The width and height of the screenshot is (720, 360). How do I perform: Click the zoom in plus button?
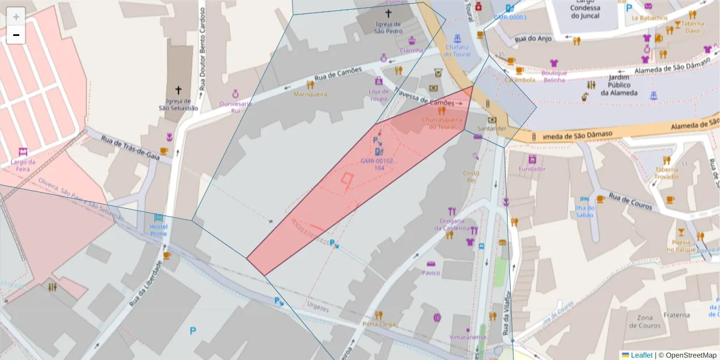tap(16, 16)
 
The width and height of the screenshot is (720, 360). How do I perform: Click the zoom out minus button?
tap(16, 35)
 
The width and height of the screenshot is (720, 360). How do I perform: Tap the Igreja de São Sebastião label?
tap(178, 104)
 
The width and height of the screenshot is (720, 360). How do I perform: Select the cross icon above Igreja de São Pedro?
tap(388, 13)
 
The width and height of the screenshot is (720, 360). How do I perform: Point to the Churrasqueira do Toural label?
tap(443, 123)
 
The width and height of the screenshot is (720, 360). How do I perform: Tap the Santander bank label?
tap(492, 128)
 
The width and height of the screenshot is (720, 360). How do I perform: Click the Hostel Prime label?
tap(158, 230)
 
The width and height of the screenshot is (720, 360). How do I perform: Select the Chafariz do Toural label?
tap(458, 50)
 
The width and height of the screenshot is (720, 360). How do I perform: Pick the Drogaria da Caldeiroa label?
tap(452, 224)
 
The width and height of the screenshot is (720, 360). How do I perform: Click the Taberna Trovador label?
tap(667, 173)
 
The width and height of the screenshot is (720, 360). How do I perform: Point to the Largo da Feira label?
tap(23, 166)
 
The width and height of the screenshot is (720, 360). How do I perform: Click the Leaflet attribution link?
tap(641, 355)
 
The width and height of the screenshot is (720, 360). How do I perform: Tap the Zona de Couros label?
tap(645, 322)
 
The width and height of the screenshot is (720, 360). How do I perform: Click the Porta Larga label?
tap(379, 324)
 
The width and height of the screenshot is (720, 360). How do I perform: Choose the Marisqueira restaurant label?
tap(310, 94)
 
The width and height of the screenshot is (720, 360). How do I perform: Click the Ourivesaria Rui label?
tap(235, 107)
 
